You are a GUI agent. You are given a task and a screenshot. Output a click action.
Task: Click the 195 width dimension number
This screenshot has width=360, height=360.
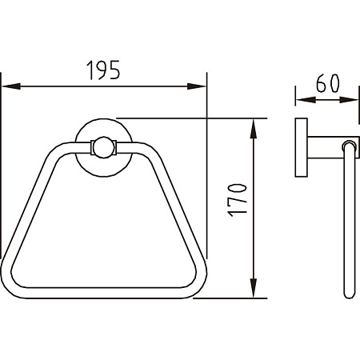pos(103,70)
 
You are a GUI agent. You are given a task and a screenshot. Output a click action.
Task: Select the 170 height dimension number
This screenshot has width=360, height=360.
pos(237,200)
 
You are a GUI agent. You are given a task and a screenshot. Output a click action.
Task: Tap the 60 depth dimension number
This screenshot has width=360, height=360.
pos(328,83)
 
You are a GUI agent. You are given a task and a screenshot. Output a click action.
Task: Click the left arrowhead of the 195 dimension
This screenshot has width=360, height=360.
pos(11,86)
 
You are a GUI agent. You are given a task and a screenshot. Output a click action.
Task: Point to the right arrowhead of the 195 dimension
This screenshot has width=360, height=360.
pos(197,86)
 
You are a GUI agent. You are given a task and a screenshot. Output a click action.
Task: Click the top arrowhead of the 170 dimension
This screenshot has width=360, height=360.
pos(254,129)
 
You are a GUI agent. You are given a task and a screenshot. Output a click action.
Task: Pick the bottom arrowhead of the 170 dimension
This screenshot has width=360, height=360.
pos(254,288)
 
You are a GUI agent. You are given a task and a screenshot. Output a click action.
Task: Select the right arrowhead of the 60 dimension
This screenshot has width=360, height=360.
pos(349,100)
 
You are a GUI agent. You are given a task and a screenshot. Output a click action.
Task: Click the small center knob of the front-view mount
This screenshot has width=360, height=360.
pos(103,147)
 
